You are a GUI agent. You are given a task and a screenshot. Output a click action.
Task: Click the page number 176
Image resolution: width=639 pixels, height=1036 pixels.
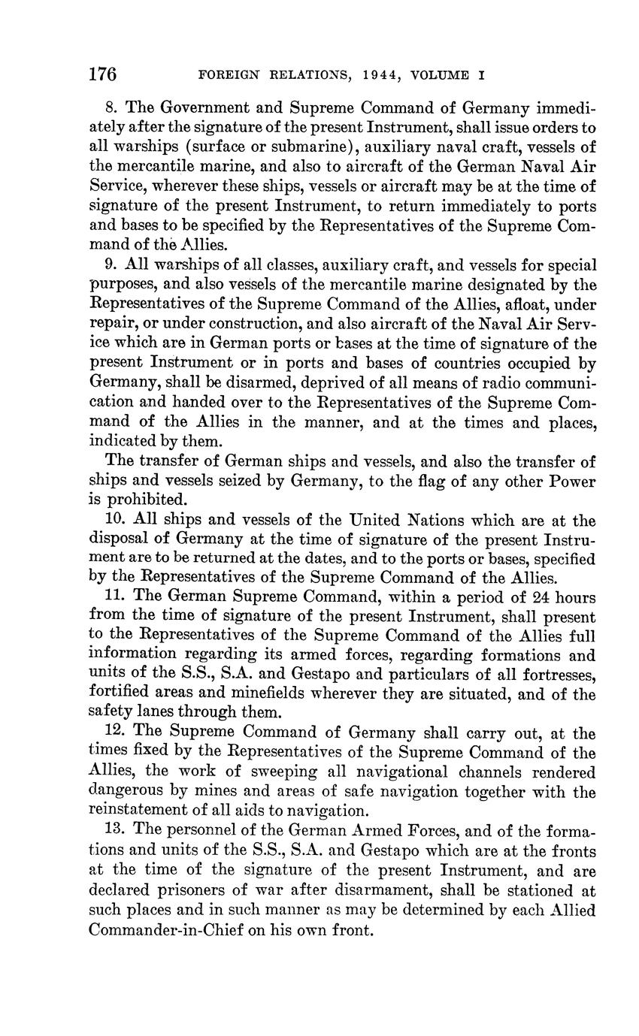pyautogui.click(x=102, y=74)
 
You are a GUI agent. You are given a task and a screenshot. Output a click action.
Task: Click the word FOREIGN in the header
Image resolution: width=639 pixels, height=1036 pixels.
pyautogui.click(x=224, y=75)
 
